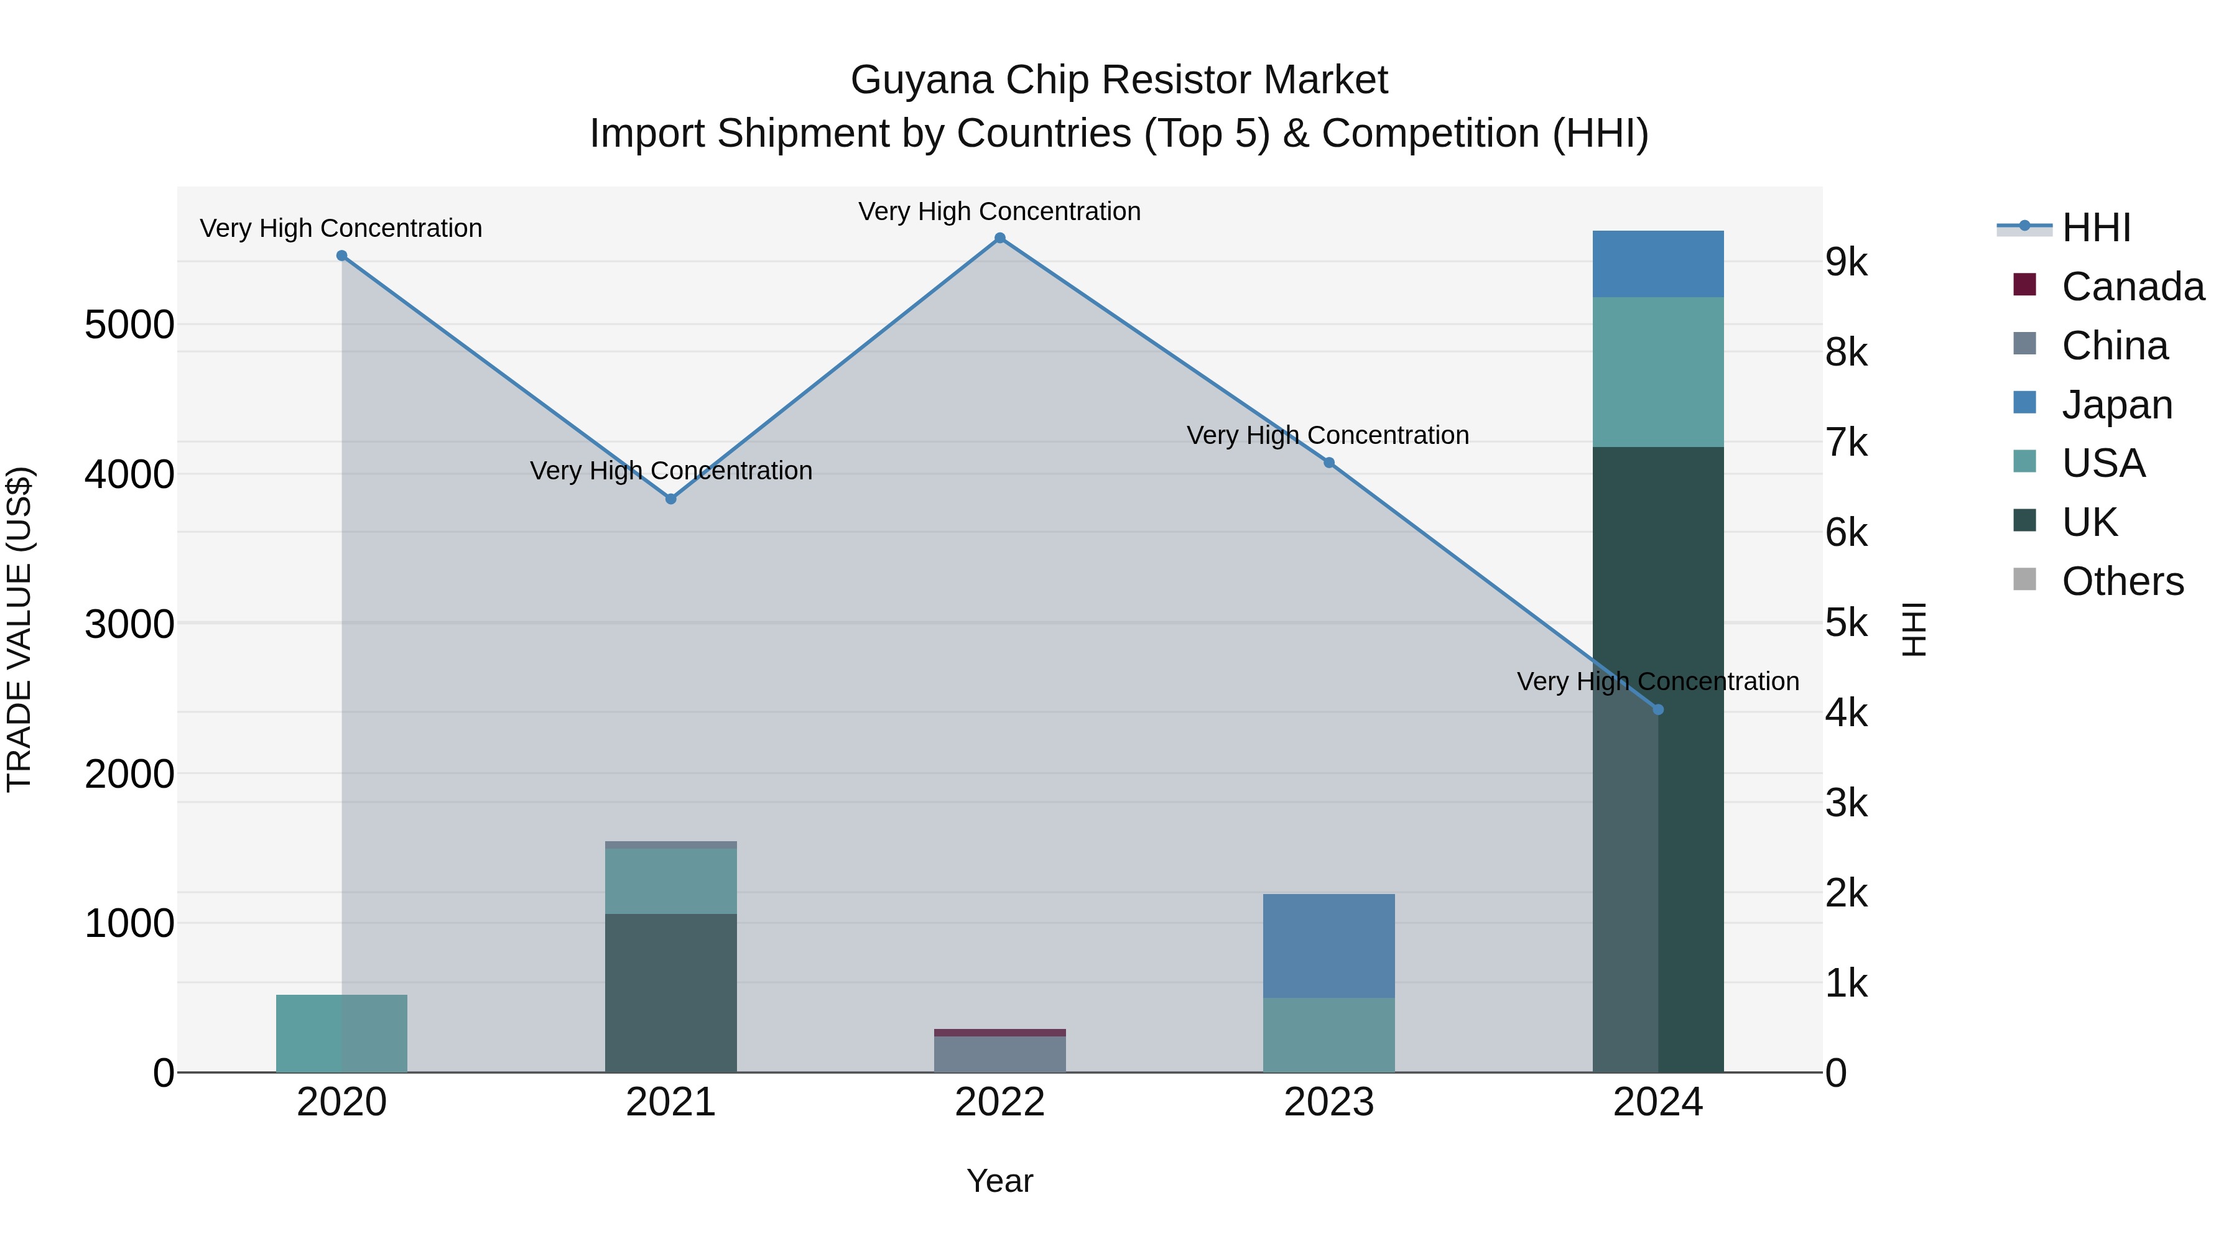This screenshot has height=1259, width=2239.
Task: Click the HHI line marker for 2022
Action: click(x=999, y=238)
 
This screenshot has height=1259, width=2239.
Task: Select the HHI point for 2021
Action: click(x=670, y=499)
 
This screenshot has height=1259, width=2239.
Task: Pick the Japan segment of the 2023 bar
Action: click(x=1328, y=945)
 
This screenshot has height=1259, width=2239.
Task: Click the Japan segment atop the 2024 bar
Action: click(x=1657, y=264)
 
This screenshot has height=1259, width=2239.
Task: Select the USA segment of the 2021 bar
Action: click(x=670, y=881)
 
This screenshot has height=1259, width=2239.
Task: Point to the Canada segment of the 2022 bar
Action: click(x=999, y=1032)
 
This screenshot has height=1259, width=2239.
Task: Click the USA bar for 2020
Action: click(x=341, y=1033)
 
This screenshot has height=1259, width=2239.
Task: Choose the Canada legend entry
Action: click(x=2132, y=287)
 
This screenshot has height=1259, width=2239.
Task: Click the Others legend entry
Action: click(x=2121, y=581)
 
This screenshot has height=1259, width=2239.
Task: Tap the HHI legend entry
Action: click(x=2095, y=228)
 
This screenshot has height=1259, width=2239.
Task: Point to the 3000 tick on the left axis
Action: click(x=129, y=624)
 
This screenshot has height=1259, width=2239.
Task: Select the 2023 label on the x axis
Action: click(x=1328, y=1102)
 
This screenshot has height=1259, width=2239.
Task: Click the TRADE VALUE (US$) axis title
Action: click(x=19, y=629)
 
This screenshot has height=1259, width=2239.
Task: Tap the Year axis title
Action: click(x=999, y=1181)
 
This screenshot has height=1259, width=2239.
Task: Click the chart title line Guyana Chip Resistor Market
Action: click(x=1119, y=80)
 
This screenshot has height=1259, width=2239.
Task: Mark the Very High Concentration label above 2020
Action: click(x=341, y=229)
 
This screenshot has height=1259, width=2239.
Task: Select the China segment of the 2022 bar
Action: click(x=999, y=1054)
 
